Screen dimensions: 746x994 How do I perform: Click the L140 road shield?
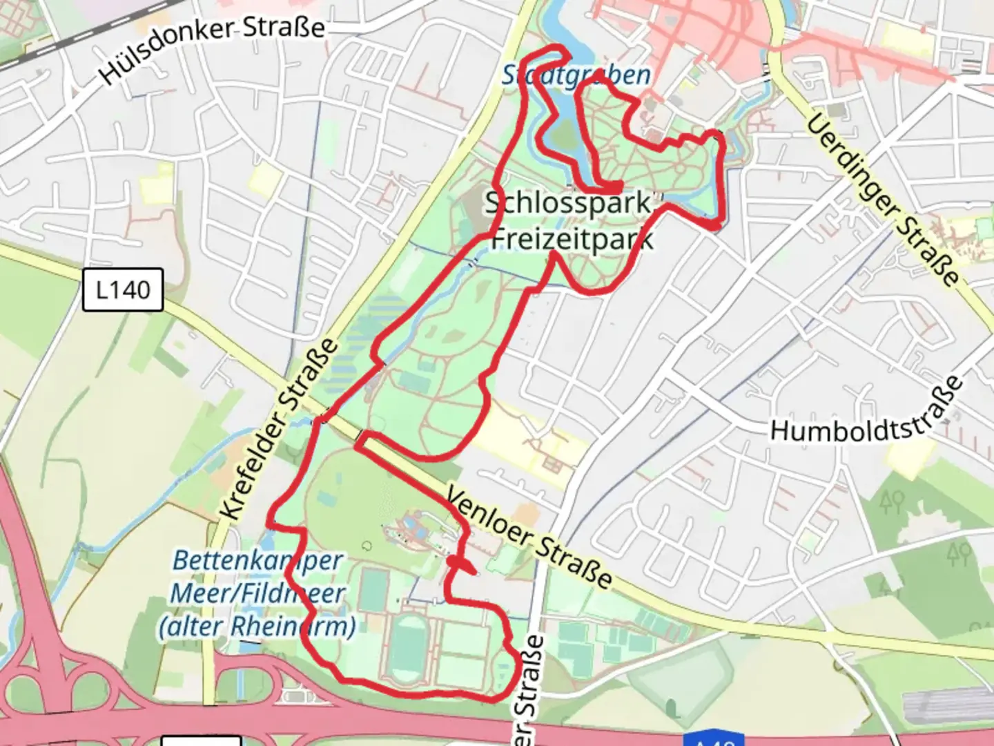pos(123,289)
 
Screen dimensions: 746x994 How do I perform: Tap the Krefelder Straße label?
pos(279,430)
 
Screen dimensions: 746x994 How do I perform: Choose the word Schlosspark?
pos(567,203)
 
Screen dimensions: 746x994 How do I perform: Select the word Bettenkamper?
pos(257,560)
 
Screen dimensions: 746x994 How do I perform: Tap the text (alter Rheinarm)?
pos(257,627)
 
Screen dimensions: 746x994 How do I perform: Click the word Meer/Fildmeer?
pos(257,593)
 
